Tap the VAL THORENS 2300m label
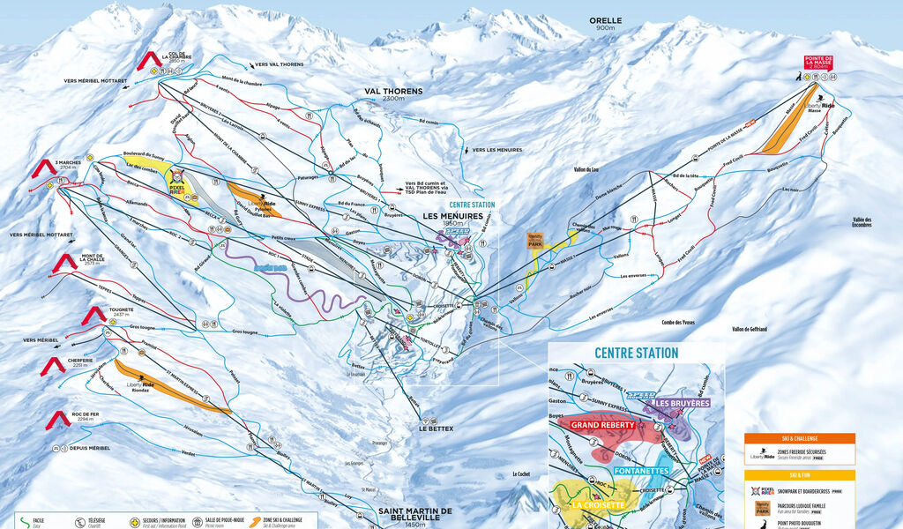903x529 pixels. [x=393, y=94]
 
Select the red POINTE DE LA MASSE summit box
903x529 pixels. [x=818, y=63]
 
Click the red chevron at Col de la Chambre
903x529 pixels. [x=149, y=61]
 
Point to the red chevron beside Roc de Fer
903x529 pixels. [x=58, y=421]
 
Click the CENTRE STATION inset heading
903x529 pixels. [x=636, y=353]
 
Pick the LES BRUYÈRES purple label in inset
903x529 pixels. [x=682, y=403]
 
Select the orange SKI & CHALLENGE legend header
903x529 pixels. [x=799, y=438]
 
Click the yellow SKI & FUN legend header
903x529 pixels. [x=799, y=475]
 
